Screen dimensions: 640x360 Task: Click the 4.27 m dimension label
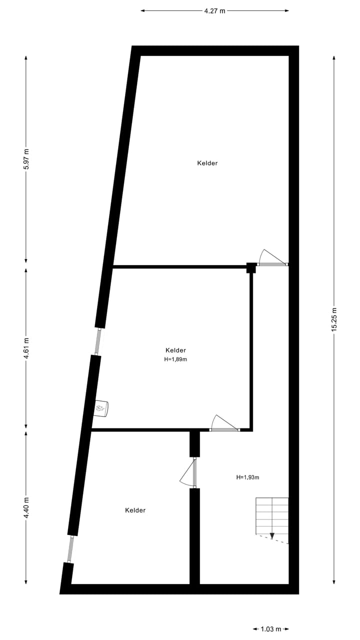[x=214, y=10]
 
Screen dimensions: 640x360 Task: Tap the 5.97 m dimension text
[x=26, y=159]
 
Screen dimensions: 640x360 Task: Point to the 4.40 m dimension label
[x=26, y=506]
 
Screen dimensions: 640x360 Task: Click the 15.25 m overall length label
[x=334, y=319]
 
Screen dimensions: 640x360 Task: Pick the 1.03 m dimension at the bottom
[x=271, y=629]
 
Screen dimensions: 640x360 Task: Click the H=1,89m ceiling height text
[x=175, y=359]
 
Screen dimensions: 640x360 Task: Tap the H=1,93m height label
[x=247, y=477]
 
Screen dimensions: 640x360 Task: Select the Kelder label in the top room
[x=207, y=163]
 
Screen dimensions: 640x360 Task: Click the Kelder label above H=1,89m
[x=175, y=350]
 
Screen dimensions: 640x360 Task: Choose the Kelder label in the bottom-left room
[x=135, y=510]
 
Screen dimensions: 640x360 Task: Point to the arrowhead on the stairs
[x=272, y=536]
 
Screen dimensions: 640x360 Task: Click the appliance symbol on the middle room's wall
[x=101, y=408]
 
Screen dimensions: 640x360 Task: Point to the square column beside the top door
[x=251, y=268]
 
